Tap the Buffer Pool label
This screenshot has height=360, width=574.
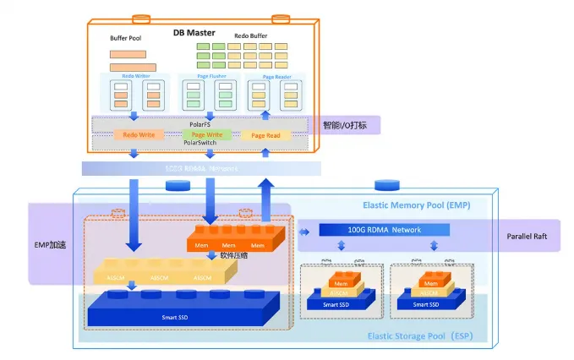(125, 39)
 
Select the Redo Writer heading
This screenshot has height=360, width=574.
(135, 75)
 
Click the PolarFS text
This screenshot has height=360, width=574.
(200, 124)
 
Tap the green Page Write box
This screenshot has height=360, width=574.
(206, 134)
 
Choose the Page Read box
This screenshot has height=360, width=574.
(266, 135)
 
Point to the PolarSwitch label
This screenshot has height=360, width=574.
(200, 144)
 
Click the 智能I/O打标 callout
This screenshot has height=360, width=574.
(350, 126)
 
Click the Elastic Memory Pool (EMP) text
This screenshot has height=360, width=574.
(416, 205)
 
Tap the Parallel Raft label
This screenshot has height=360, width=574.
(528, 237)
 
